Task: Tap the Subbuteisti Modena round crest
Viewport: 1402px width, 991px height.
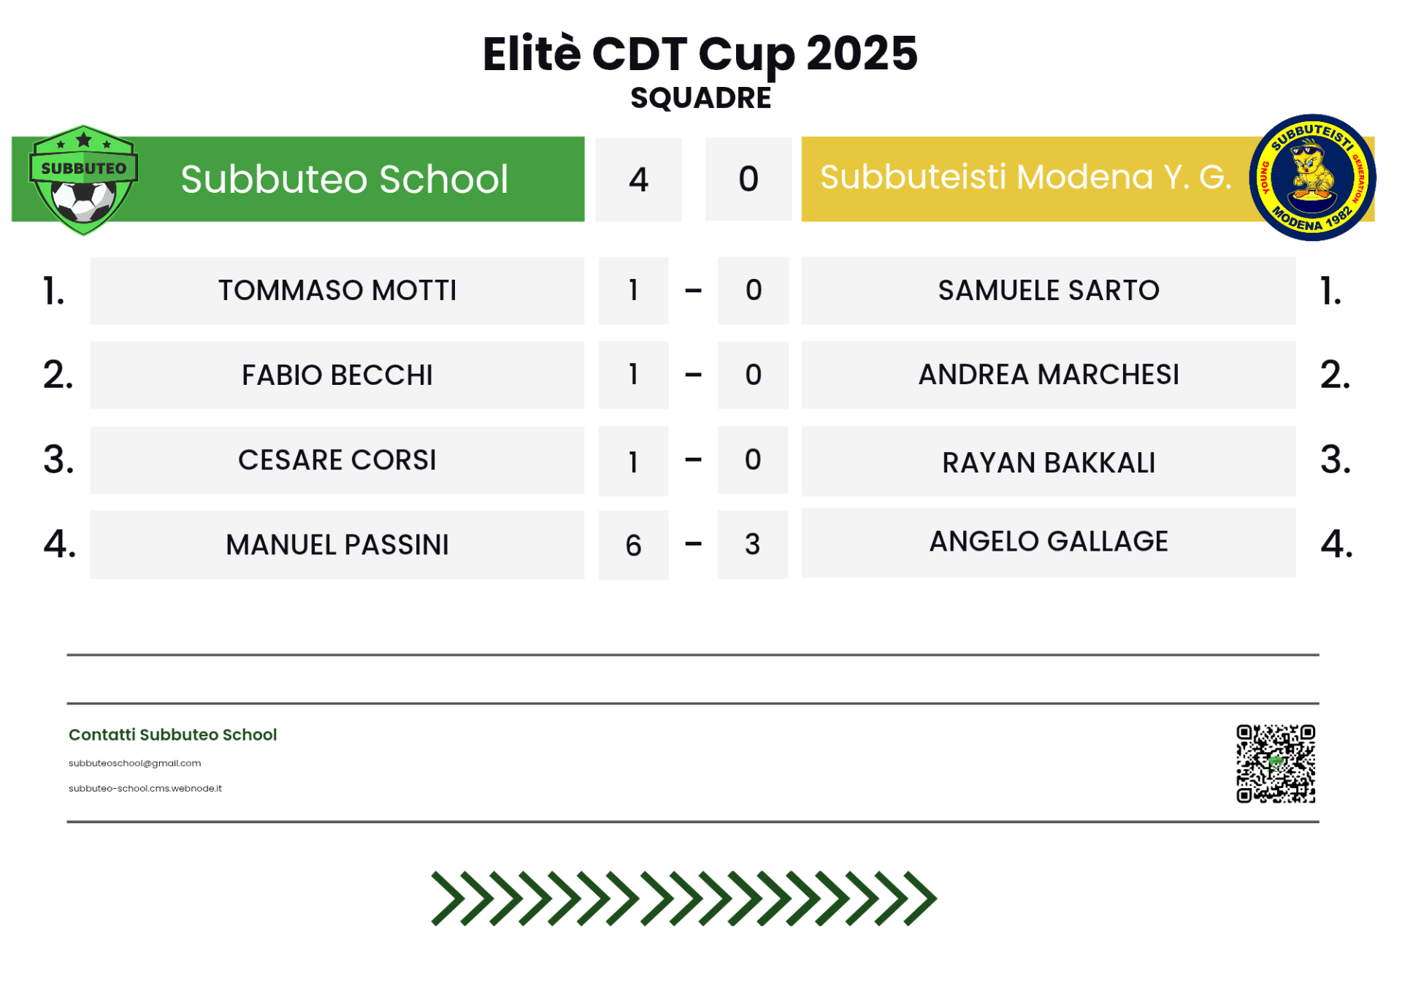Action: pos(1312,177)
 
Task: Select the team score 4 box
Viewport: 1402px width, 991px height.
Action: pos(638,180)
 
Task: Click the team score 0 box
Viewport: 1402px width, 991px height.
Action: pos(748,179)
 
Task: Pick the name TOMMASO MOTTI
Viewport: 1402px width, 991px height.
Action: pos(337,291)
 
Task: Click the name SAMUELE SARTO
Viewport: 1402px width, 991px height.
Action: pos(1049,291)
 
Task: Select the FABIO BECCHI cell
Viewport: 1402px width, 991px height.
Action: pos(337,375)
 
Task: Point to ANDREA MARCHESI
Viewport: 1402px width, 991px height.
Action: pos(1049,375)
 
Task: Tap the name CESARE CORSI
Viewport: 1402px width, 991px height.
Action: pos(337,460)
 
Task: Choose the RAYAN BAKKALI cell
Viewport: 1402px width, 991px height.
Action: pos(1049,462)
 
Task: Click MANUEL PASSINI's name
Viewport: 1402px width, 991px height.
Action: pos(337,545)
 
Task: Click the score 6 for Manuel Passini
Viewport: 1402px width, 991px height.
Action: pos(633,546)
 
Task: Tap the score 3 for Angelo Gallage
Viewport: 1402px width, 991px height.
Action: pos(752,545)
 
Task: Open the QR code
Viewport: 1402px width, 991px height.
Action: pos(1276,764)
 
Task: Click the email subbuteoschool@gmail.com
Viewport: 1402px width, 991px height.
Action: pos(134,763)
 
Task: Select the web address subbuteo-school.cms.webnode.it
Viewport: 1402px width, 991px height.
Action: pos(145,789)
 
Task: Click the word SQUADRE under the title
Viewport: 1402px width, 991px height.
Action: pos(700,98)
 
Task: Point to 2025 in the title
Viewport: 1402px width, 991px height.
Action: pos(862,53)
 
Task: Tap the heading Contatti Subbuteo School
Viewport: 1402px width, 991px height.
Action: pos(173,735)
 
